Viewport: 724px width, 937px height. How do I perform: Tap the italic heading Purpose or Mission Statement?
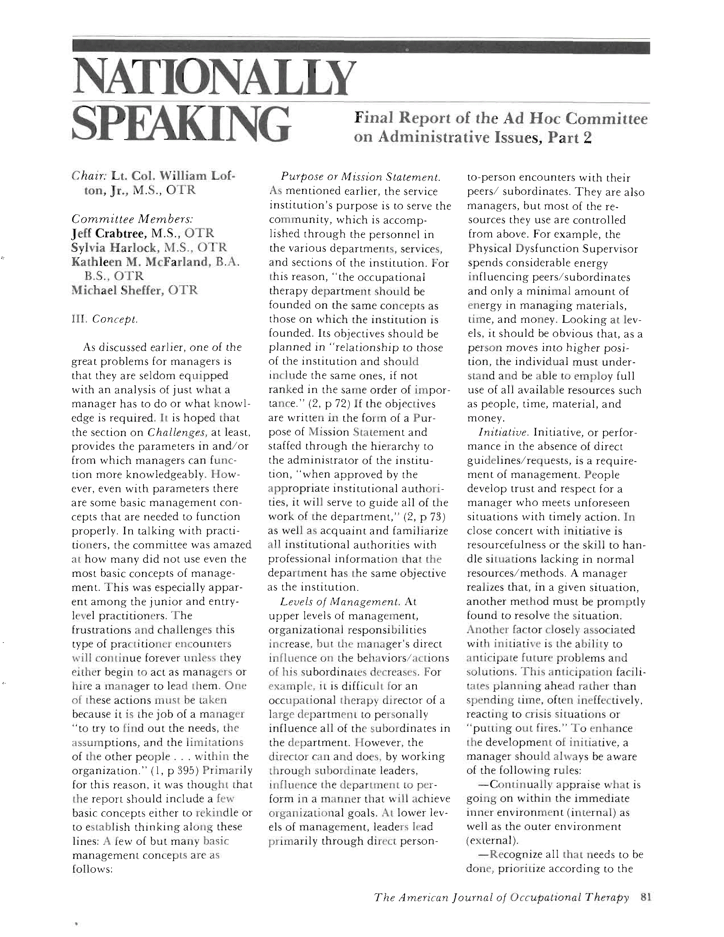[x=360, y=177]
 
